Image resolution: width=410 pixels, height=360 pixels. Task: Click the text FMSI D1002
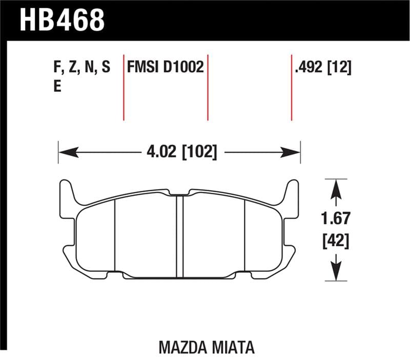click(x=166, y=68)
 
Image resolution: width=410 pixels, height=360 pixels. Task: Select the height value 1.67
click(x=336, y=218)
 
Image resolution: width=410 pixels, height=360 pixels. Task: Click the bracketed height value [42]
click(x=336, y=240)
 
